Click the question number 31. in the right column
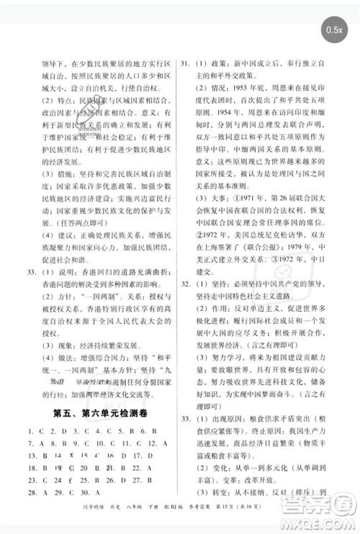click(185, 63)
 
